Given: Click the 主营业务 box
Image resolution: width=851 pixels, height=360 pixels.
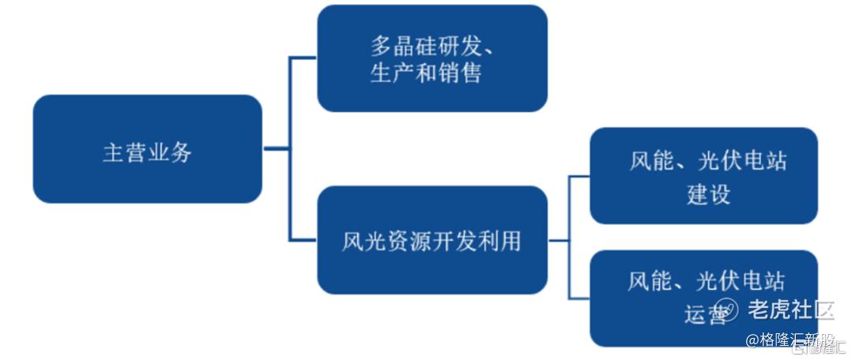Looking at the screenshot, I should tap(147, 149).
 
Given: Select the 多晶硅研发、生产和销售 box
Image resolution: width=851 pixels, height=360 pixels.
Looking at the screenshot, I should tap(432, 58).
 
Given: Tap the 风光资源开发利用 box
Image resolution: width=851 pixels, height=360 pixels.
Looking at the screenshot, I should tap(432, 239).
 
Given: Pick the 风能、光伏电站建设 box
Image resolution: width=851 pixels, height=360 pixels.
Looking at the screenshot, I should tap(704, 176).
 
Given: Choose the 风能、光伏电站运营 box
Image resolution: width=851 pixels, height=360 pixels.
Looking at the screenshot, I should tap(704, 298).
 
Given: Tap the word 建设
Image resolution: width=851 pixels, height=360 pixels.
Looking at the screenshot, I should tap(708, 194).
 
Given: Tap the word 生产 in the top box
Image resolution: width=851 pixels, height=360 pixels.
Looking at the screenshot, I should tap(392, 73).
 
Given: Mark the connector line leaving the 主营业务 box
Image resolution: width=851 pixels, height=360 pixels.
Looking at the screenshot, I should tap(276, 148).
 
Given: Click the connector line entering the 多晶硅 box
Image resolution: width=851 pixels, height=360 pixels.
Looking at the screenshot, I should tap(303, 58).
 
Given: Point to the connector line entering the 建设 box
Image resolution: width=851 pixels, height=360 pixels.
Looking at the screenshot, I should tap(579, 176).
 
